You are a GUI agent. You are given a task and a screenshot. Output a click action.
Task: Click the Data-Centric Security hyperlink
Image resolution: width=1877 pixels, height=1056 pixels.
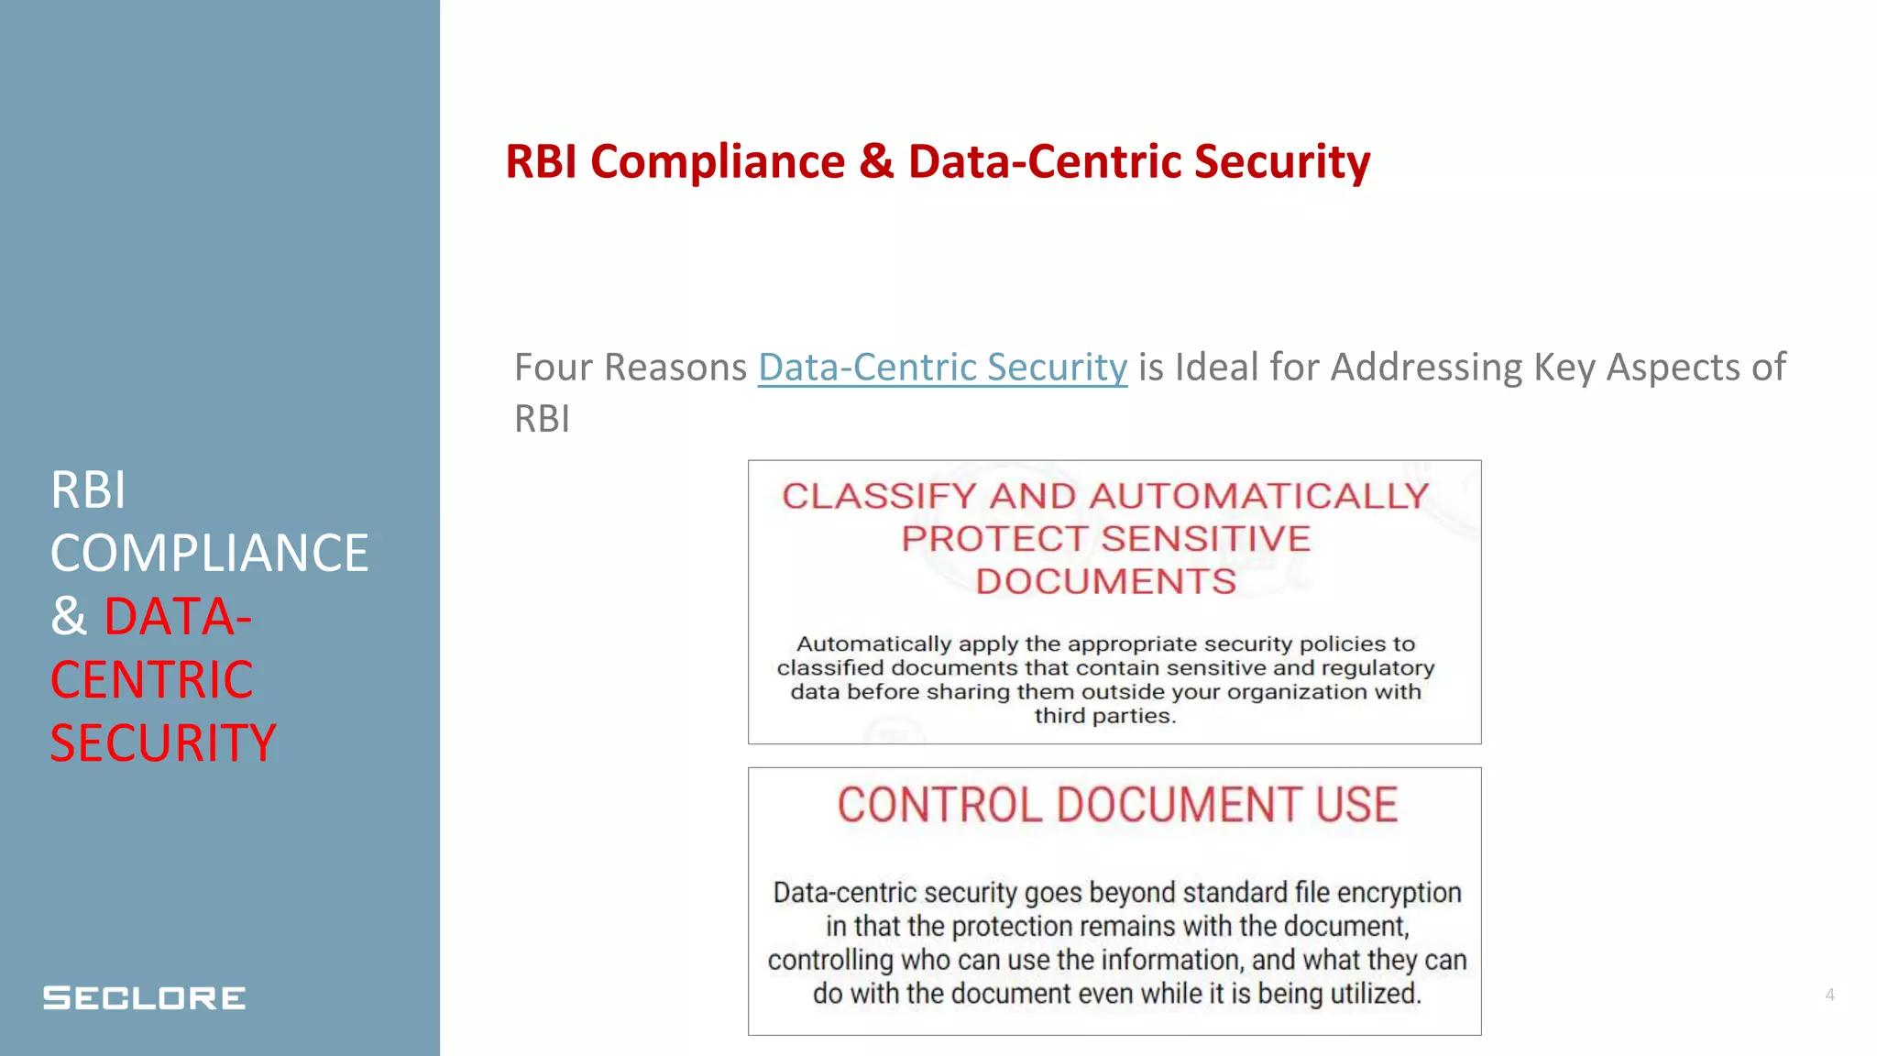942,368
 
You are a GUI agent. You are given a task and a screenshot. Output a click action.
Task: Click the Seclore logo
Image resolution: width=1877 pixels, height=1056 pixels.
145,997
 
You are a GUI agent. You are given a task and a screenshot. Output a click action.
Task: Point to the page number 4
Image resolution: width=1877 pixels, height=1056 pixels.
1829,995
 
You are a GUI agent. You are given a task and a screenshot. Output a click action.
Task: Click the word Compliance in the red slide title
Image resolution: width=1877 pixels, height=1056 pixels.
718,162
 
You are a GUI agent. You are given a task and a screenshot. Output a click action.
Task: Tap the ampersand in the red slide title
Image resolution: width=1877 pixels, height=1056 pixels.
876,162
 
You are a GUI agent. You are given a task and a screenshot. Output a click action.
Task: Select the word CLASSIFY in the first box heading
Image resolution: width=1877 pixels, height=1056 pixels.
879,496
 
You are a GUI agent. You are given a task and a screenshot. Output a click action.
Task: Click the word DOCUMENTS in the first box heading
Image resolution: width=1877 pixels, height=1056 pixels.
1105,581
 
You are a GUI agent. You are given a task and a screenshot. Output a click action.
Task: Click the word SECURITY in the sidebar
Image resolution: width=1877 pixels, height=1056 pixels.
163,742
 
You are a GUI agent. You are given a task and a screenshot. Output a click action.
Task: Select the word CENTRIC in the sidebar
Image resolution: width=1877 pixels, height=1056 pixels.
152,679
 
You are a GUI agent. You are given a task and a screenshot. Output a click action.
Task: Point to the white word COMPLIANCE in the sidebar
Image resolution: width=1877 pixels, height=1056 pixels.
209,553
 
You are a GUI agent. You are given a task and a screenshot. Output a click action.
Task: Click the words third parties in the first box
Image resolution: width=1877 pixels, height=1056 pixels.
1104,716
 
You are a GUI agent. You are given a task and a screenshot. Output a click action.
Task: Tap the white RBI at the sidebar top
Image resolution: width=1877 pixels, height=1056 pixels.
88,489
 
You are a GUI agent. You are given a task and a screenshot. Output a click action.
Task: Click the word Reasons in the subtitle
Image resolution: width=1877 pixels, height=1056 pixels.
676,368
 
